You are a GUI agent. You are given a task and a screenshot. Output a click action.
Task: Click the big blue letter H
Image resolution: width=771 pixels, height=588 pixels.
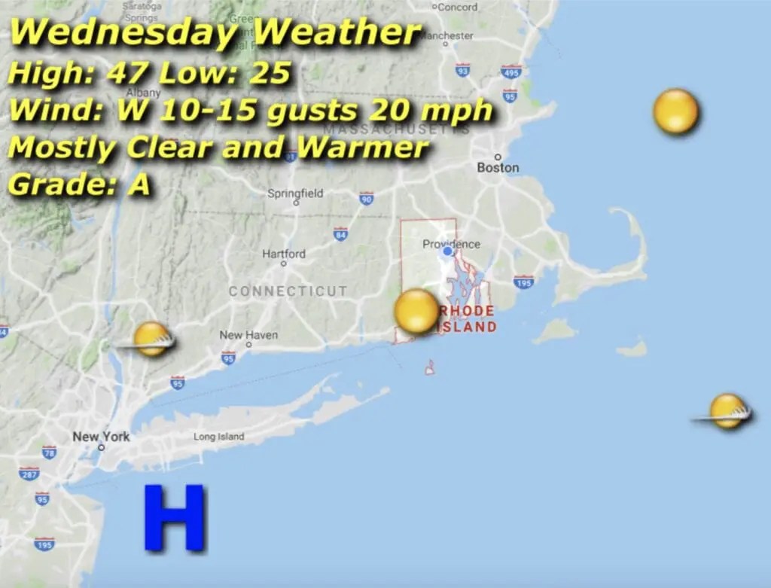(x=174, y=517)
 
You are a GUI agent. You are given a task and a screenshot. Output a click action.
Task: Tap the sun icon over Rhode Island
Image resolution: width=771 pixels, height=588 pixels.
(x=416, y=312)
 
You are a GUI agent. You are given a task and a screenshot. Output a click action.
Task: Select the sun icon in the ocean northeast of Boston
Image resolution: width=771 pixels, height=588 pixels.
(x=675, y=111)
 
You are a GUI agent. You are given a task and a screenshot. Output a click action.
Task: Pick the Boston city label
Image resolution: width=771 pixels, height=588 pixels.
(x=498, y=167)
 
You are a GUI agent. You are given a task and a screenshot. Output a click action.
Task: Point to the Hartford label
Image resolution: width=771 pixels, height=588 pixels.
(x=284, y=254)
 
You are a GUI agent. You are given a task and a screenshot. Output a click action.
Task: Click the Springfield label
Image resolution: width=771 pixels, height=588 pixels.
(x=295, y=193)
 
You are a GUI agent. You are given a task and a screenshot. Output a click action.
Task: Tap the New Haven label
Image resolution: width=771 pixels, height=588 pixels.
(x=248, y=335)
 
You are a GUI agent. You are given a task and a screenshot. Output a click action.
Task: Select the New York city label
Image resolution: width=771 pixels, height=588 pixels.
(x=101, y=437)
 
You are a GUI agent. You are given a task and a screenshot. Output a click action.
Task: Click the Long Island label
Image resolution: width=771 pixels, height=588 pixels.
(x=218, y=437)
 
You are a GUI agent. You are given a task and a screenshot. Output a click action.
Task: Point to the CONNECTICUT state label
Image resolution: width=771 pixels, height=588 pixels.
(x=288, y=291)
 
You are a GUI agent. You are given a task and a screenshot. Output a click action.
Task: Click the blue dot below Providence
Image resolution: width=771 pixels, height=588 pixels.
(x=448, y=251)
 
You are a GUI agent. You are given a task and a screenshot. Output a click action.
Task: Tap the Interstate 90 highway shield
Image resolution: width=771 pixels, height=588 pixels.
(x=367, y=199)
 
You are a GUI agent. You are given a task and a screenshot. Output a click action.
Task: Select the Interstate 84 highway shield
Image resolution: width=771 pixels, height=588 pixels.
(x=340, y=234)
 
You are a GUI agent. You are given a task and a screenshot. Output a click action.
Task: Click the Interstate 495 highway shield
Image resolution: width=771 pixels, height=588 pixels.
(x=511, y=72)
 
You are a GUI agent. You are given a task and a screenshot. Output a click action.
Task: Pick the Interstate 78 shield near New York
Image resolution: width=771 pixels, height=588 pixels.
(x=49, y=452)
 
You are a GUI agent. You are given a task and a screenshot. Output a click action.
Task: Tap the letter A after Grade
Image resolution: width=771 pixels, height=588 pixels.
(x=139, y=184)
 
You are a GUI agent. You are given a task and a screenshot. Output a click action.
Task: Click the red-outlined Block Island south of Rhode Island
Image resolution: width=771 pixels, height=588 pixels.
(x=429, y=367)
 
